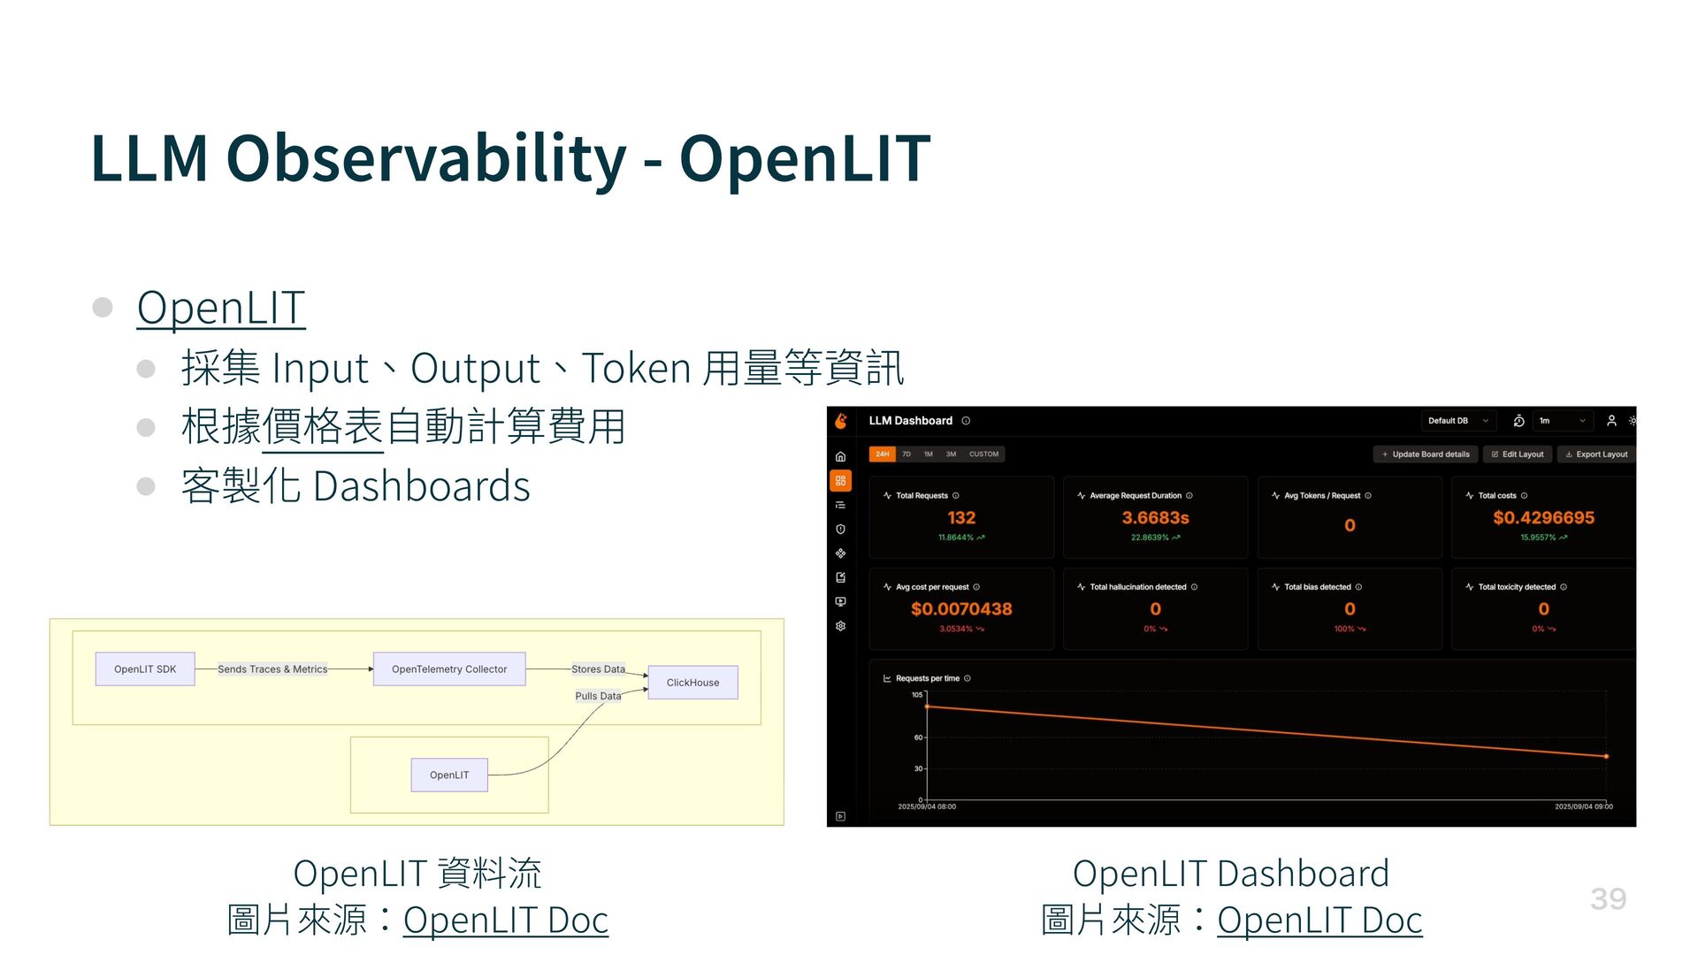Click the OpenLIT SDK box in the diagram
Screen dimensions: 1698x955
coord(145,669)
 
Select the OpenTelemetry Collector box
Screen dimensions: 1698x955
coord(449,669)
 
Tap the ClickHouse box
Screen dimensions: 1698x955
coord(692,683)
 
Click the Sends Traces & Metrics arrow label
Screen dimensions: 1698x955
coord(272,669)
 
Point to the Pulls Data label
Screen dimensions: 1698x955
coord(598,696)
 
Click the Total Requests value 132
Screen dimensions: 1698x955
coord(961,518)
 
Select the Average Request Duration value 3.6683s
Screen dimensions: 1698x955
coord(1155,518)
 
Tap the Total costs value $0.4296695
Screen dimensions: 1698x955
coord(1543,518)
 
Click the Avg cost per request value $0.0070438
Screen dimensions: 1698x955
coord(961,609)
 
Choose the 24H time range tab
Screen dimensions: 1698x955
coord(882,455)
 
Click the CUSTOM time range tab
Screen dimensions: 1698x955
coord(983,455)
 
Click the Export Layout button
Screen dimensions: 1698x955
coord(1596,455)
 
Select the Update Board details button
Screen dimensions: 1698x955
coord(1426,455)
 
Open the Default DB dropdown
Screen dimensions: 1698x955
coord(1457,421)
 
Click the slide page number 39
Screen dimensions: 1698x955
coord(1608,899)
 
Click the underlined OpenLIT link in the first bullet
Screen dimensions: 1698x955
coord(221,308)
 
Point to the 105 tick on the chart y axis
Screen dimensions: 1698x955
coord(917,695)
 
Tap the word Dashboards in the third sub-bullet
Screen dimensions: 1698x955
coord(422,486)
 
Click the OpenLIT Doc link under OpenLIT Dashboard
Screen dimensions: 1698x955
coord(1319,921)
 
